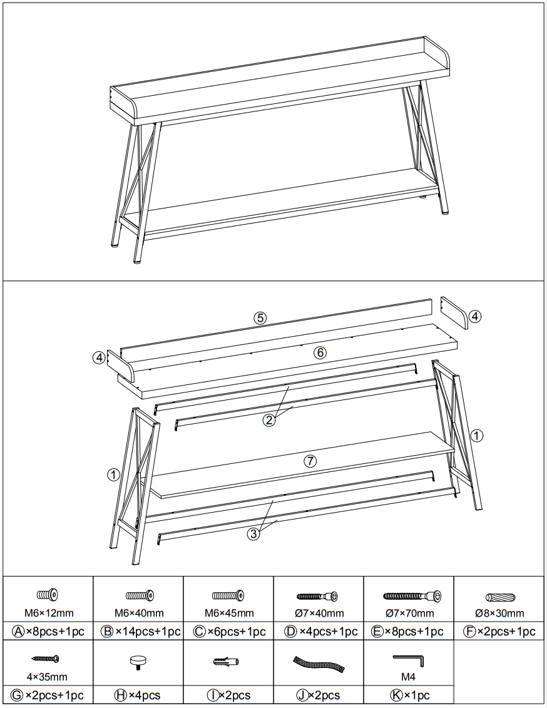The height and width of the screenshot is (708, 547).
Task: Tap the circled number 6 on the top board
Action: (x=320, y=352)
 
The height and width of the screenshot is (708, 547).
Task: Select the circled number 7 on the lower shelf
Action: (x=309, y=461)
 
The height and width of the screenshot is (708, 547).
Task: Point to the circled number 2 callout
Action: (x=269, y=420)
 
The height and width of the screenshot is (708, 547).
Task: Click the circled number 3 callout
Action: (x=253, y=533)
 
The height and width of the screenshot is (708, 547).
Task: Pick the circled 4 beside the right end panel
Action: (x=475, y=316)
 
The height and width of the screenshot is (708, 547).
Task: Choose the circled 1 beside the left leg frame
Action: (x=113, y=475)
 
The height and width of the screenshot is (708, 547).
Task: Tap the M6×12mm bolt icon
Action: (x=48, y=594)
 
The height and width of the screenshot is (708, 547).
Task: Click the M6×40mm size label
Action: (x=138, y=613)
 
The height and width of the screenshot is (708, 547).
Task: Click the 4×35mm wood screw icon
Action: (x=45, y=659)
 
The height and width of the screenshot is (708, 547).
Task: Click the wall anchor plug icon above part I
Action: (x=227, y=661)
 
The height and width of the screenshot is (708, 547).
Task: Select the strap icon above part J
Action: (x=319, y=664)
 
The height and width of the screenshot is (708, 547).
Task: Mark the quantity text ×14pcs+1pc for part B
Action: (x=146, y=632)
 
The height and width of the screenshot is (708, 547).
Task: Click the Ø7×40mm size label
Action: (x=319, y=613)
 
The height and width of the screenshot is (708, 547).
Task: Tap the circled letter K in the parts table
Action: (x=396, y=695)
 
